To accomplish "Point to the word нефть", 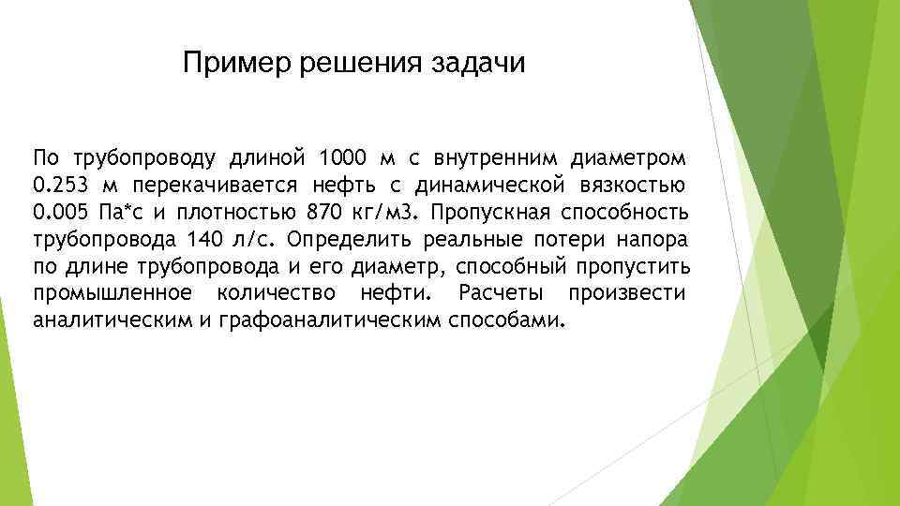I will click(344, 182).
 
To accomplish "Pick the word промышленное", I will click(113, 293).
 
